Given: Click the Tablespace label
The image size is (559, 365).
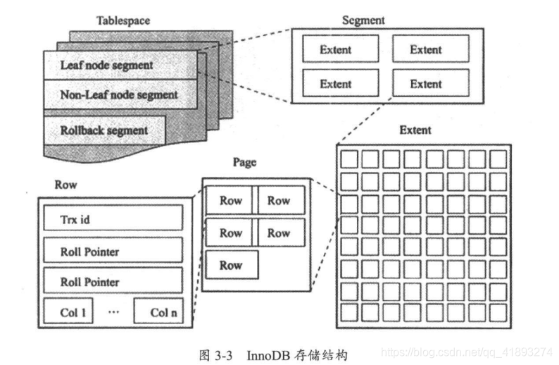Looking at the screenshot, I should tap(123, 20).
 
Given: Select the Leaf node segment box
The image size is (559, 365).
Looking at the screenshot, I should tap(106, 66).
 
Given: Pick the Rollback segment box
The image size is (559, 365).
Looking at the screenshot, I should tap(104, 130).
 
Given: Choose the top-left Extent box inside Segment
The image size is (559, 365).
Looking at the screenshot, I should tap(336, 50).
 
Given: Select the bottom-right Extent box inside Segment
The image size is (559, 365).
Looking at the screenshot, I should tap(426, 84).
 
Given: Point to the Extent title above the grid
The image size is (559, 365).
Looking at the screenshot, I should tap(415, 130).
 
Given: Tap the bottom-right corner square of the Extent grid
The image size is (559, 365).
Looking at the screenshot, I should tap(498, 311).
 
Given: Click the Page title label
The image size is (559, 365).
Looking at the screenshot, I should tap(244, 163).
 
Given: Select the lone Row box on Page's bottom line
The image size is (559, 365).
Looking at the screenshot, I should tap(232, 266).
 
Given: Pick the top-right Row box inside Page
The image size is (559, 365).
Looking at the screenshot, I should tap(279, 200).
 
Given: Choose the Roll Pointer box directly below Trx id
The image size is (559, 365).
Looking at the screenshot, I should tap(113, 250).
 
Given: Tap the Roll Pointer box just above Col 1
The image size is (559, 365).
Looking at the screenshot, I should tap(113, 281).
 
